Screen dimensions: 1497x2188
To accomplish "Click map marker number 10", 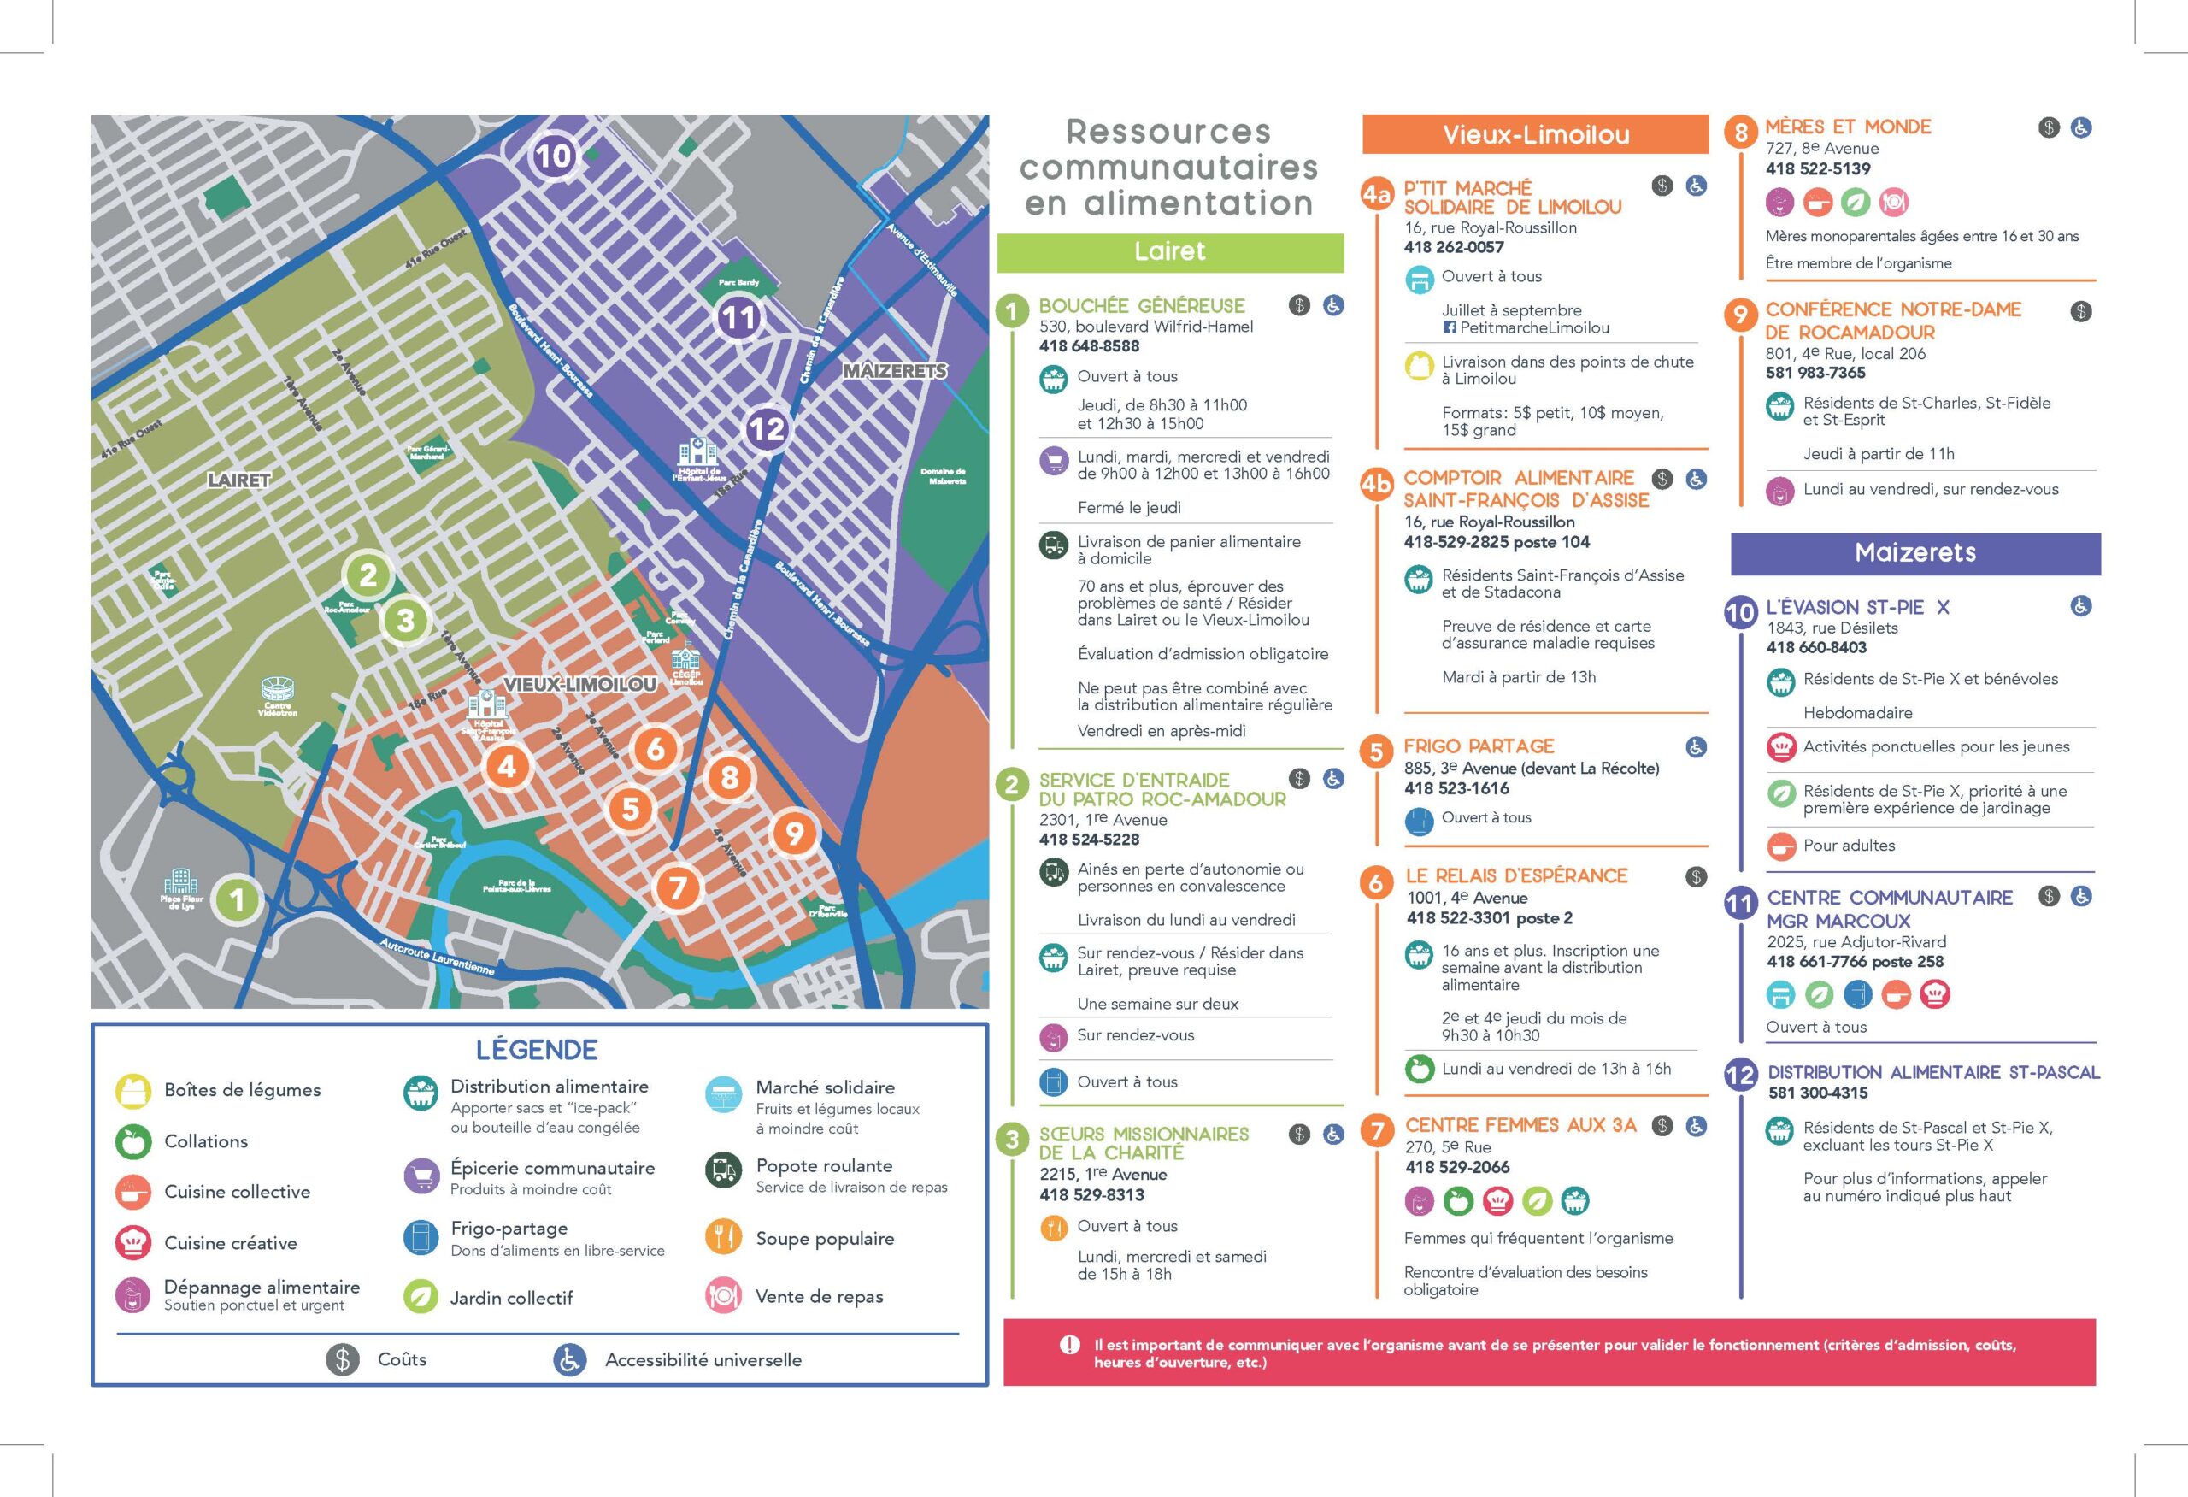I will pyautogui.click(x=554, y=156).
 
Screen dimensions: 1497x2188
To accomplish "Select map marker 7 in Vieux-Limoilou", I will pyautogui.click(x=677, y=887).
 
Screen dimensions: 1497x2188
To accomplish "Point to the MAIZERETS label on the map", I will pyautogui.click(x=894, y=371).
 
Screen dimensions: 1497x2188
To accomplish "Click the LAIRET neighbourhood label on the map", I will pyautogui.click(x=239, y=480).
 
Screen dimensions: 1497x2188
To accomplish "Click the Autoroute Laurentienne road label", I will pyautogui.click(x=437, y=955).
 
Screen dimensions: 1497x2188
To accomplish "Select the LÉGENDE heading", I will pyautogui.click(x=537, y=1050).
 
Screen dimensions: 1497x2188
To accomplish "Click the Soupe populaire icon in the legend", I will pyautogui.click(x=723, y=1237).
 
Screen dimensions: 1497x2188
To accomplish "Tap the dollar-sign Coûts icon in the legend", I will pyautogui.click(x=343, y=1358).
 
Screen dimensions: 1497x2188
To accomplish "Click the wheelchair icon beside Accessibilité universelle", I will pyautogui.click(x=569, y=1358).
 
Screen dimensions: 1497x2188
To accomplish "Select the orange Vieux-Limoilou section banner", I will pyautogui.click(x=1535, y=134).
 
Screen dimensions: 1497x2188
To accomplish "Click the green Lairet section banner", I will pyautogui.click(x=1169, y=251).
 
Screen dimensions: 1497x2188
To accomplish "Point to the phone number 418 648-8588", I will pyautogui.click(x=1089, y=345).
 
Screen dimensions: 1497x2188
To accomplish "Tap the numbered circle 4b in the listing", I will pyautogui.click(x=1375, y=484).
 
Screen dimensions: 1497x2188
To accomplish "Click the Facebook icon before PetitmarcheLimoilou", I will pyautogui.click(x=1450, y=327).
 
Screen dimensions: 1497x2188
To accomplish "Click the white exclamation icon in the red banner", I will pyautogui.click(x=1069, y=1345).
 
